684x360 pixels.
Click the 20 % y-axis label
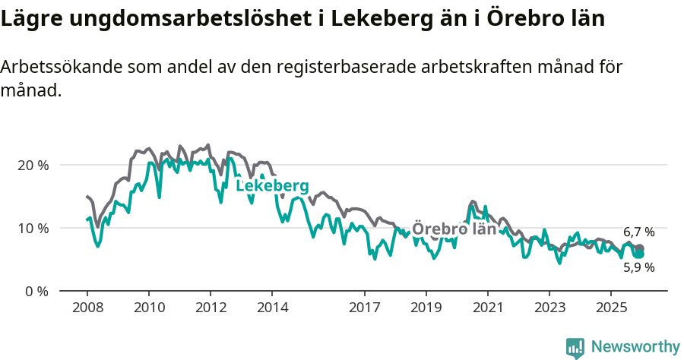tap(33, 165)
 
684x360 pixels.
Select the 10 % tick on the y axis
tap(33, 228)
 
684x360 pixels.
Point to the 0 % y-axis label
tap(36, 291)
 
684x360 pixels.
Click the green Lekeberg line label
tap(272, 186)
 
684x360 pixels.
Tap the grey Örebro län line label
tap(454, 229)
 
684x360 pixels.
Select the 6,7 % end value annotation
tap(638, 232)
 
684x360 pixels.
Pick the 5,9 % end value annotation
tap(638, 267)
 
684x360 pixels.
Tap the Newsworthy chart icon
tap(575, 348)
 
